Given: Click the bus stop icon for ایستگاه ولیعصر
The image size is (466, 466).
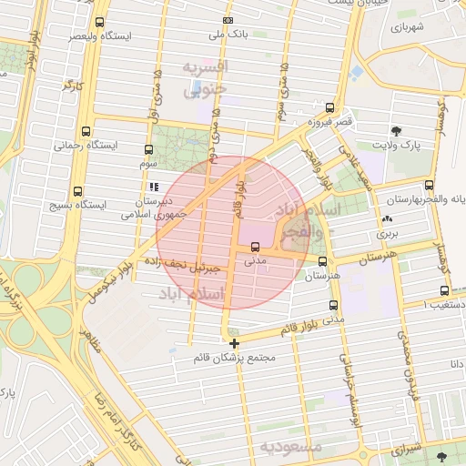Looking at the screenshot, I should coord(99,22).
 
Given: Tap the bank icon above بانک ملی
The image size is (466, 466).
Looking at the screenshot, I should coord(228,21).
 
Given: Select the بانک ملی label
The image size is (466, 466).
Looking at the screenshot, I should coord(228,35).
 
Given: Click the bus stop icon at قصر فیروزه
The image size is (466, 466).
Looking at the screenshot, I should coord(329,106).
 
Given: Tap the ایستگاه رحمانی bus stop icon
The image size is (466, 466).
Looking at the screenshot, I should coord(86,131).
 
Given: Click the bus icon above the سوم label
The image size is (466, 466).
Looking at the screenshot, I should coord(149,149).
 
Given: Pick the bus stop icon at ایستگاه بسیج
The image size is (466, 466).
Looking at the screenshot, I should coord(77,192).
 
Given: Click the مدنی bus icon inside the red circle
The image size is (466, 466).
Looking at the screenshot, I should coord(255,247).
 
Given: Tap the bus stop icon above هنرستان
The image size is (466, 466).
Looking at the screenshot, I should coord(322,260).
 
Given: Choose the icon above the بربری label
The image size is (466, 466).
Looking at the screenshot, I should coord(388,219).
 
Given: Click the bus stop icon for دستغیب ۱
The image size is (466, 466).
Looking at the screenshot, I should coord(443,291).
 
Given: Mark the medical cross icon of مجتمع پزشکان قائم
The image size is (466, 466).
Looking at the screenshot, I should coord(235,344).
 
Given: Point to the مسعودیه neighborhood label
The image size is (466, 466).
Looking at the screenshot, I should coord(291,446).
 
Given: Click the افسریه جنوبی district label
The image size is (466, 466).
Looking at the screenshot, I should coord(206,79).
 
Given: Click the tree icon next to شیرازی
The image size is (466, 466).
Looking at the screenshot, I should coord(442,455).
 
